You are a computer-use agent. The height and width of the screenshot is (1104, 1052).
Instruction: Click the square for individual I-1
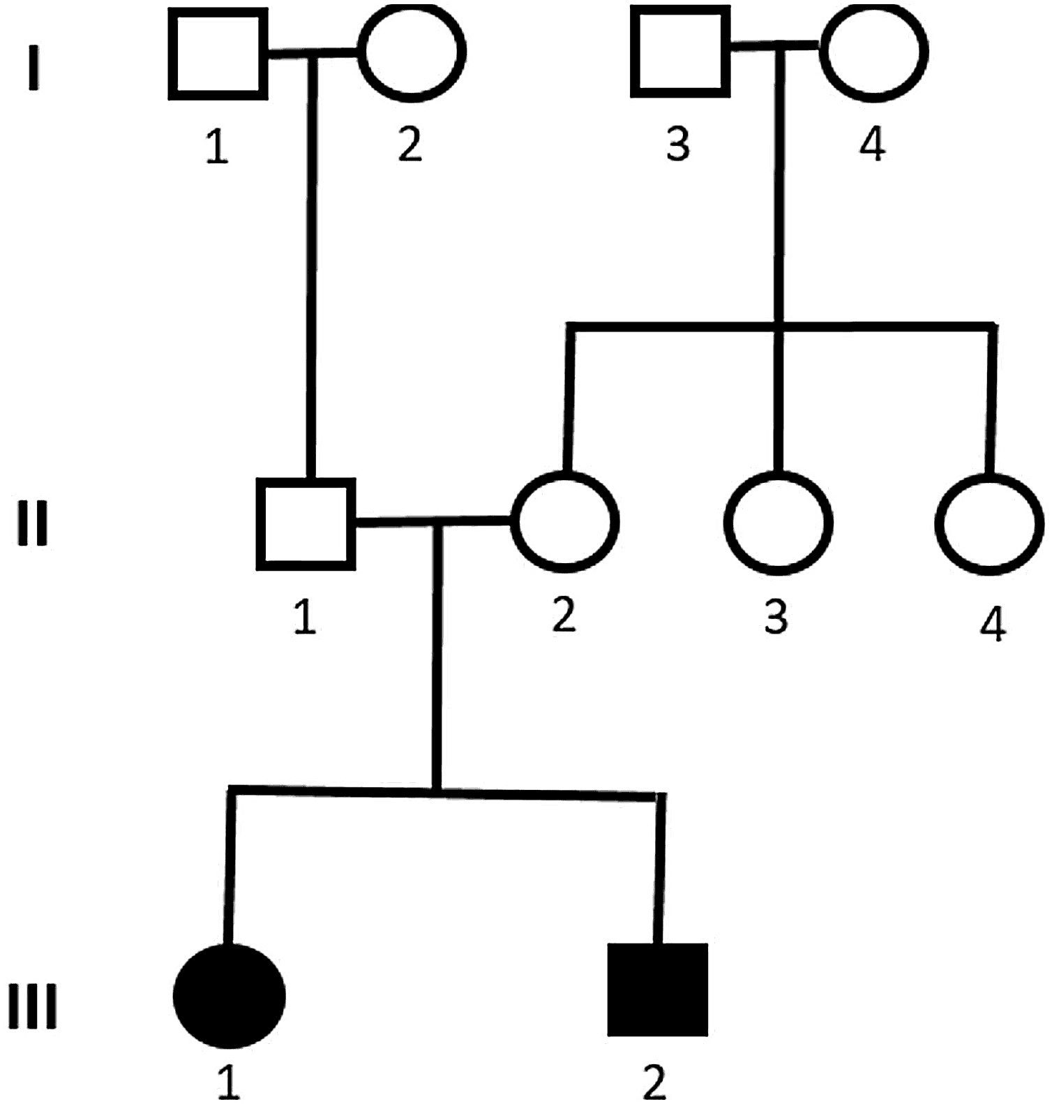point(218,54)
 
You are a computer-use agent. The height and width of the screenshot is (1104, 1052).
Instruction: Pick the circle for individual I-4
point(873,52)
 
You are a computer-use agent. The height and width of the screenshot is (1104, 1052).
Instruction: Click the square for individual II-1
point(306,523)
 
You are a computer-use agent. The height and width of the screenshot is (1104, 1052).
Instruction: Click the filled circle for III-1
point(229,996)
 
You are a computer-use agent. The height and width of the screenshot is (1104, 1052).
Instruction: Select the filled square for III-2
point(658,990)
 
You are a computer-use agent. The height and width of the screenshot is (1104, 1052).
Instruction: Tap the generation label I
point(33,68)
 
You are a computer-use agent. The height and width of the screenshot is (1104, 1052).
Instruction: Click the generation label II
point(32,525)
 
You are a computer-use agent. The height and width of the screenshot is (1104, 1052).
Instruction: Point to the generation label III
point(32,1006)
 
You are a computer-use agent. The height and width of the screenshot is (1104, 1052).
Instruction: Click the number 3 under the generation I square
point(678,144)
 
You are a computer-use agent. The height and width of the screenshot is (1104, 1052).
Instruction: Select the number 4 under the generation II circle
point(993,623)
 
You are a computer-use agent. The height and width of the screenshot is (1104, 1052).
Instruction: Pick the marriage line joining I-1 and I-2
point(313,54)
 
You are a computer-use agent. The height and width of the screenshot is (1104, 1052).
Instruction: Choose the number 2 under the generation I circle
point(410,144)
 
